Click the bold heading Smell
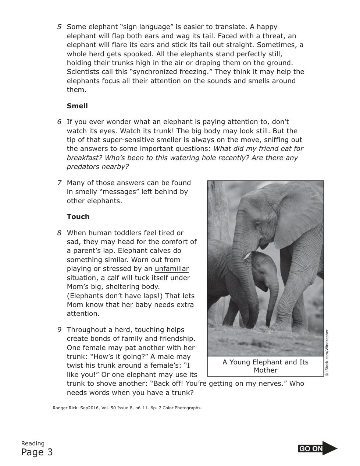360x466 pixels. tap(77, 106)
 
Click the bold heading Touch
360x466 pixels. tap(78, 217)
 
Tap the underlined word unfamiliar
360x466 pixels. tap(172, 269)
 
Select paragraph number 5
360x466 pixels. tap(59, 27)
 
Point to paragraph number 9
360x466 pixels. tap(59, 330)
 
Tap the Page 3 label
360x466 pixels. tap(37, 452)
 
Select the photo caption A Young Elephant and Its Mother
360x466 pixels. tap(265, 366)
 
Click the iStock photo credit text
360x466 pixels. tap(327, 353)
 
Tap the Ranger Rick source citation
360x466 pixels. tap(127, 408)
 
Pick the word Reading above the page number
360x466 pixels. tap(33, 443)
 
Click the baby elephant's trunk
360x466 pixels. tap(272, 298)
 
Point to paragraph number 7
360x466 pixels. tap(59, 183)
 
